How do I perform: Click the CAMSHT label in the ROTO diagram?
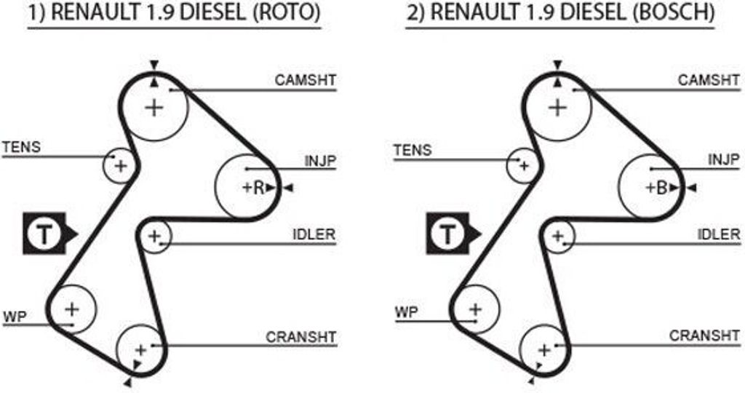(305, 80)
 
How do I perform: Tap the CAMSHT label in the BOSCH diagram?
(709, 80)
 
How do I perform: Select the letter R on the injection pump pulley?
(258, 188)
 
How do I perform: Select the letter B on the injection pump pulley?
(662, 188)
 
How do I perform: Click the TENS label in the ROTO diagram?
(22, 147)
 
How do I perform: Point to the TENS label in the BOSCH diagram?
(413, 150)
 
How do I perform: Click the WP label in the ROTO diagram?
(15, 317)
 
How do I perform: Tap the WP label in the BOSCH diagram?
(407, 313)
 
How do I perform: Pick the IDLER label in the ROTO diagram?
(314, 234)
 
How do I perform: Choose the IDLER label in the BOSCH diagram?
(718, 234)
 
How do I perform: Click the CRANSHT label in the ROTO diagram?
(300, 337)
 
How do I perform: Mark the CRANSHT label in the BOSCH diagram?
(704, 336)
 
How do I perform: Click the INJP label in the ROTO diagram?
(320, 161)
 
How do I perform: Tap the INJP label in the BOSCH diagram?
(724, 159)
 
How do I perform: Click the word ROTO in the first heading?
(287, 12)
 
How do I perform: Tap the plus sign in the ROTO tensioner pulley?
(121, 166)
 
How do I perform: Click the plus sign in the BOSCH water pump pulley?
(476, 310)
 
